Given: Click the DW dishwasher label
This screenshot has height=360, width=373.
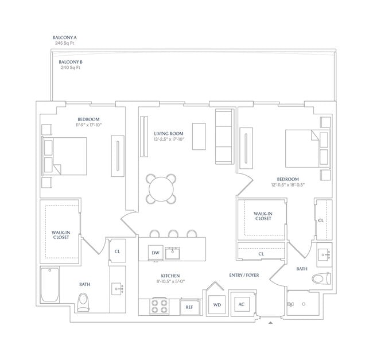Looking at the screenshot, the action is point(156,253).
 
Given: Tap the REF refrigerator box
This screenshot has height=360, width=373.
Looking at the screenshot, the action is point(189,307).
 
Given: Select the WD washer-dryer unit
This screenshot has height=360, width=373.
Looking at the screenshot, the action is point(217,305).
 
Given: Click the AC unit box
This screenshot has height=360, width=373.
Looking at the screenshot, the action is point(242,304).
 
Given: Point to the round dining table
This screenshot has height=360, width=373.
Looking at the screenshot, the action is point(161,189).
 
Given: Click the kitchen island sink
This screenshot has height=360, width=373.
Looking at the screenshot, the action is point(173,253).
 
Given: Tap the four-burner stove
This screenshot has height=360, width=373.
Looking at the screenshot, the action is point(160,306).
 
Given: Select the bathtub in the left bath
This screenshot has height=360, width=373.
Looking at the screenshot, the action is point(50,285).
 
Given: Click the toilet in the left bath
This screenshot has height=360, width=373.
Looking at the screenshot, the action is point(84,302).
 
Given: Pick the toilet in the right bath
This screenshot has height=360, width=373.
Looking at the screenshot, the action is point(321,278).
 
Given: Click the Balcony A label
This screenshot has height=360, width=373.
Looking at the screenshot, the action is point(64,37).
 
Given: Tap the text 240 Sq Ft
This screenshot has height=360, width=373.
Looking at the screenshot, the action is point(71,68).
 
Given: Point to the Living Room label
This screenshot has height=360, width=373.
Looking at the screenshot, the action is point(169,134).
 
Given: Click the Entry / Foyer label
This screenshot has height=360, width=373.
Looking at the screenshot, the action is point(244,275).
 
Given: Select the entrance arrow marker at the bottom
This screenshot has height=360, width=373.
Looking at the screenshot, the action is point(270,323).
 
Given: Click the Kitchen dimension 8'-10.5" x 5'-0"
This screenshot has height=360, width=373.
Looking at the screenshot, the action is point(170,281).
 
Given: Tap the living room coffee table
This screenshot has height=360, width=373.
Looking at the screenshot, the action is point(199,137).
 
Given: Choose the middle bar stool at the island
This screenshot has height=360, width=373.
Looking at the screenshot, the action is point(173,234).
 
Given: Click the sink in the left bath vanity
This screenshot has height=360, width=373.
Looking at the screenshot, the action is point(118,289).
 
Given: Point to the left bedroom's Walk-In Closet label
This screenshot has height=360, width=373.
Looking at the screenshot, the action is point(61,235).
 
